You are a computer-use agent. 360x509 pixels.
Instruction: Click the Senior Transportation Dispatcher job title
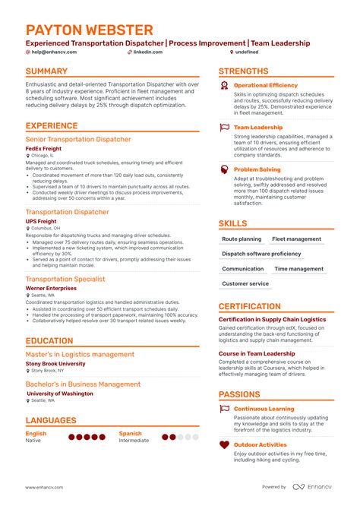pos(78,140)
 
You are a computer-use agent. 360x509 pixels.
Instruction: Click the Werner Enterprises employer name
pos(51,288)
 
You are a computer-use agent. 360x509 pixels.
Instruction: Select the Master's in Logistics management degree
pos(80,354)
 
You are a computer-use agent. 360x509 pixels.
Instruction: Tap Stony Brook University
pos(55,364)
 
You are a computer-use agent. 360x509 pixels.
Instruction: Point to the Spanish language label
pos(130,434)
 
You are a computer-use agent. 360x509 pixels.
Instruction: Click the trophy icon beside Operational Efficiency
pos(225,86)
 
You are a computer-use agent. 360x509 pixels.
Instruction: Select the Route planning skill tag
pos(242,239)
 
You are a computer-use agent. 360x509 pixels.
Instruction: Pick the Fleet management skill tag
pos(297,239)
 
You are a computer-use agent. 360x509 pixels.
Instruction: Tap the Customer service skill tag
pos(245,283)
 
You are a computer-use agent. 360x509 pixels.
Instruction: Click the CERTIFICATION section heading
pos(250,307)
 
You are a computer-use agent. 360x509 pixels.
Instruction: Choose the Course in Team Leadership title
pos(257,354)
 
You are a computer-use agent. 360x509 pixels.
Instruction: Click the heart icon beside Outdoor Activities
pos(225,446)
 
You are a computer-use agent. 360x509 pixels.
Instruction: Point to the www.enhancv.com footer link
pos(44,487)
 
